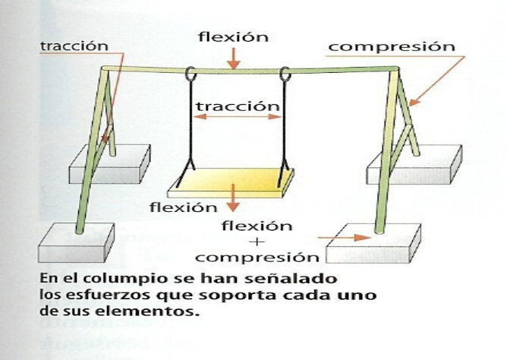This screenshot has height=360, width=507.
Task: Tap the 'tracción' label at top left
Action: pos(74,46)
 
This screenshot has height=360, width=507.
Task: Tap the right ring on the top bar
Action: pos(286,76)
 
